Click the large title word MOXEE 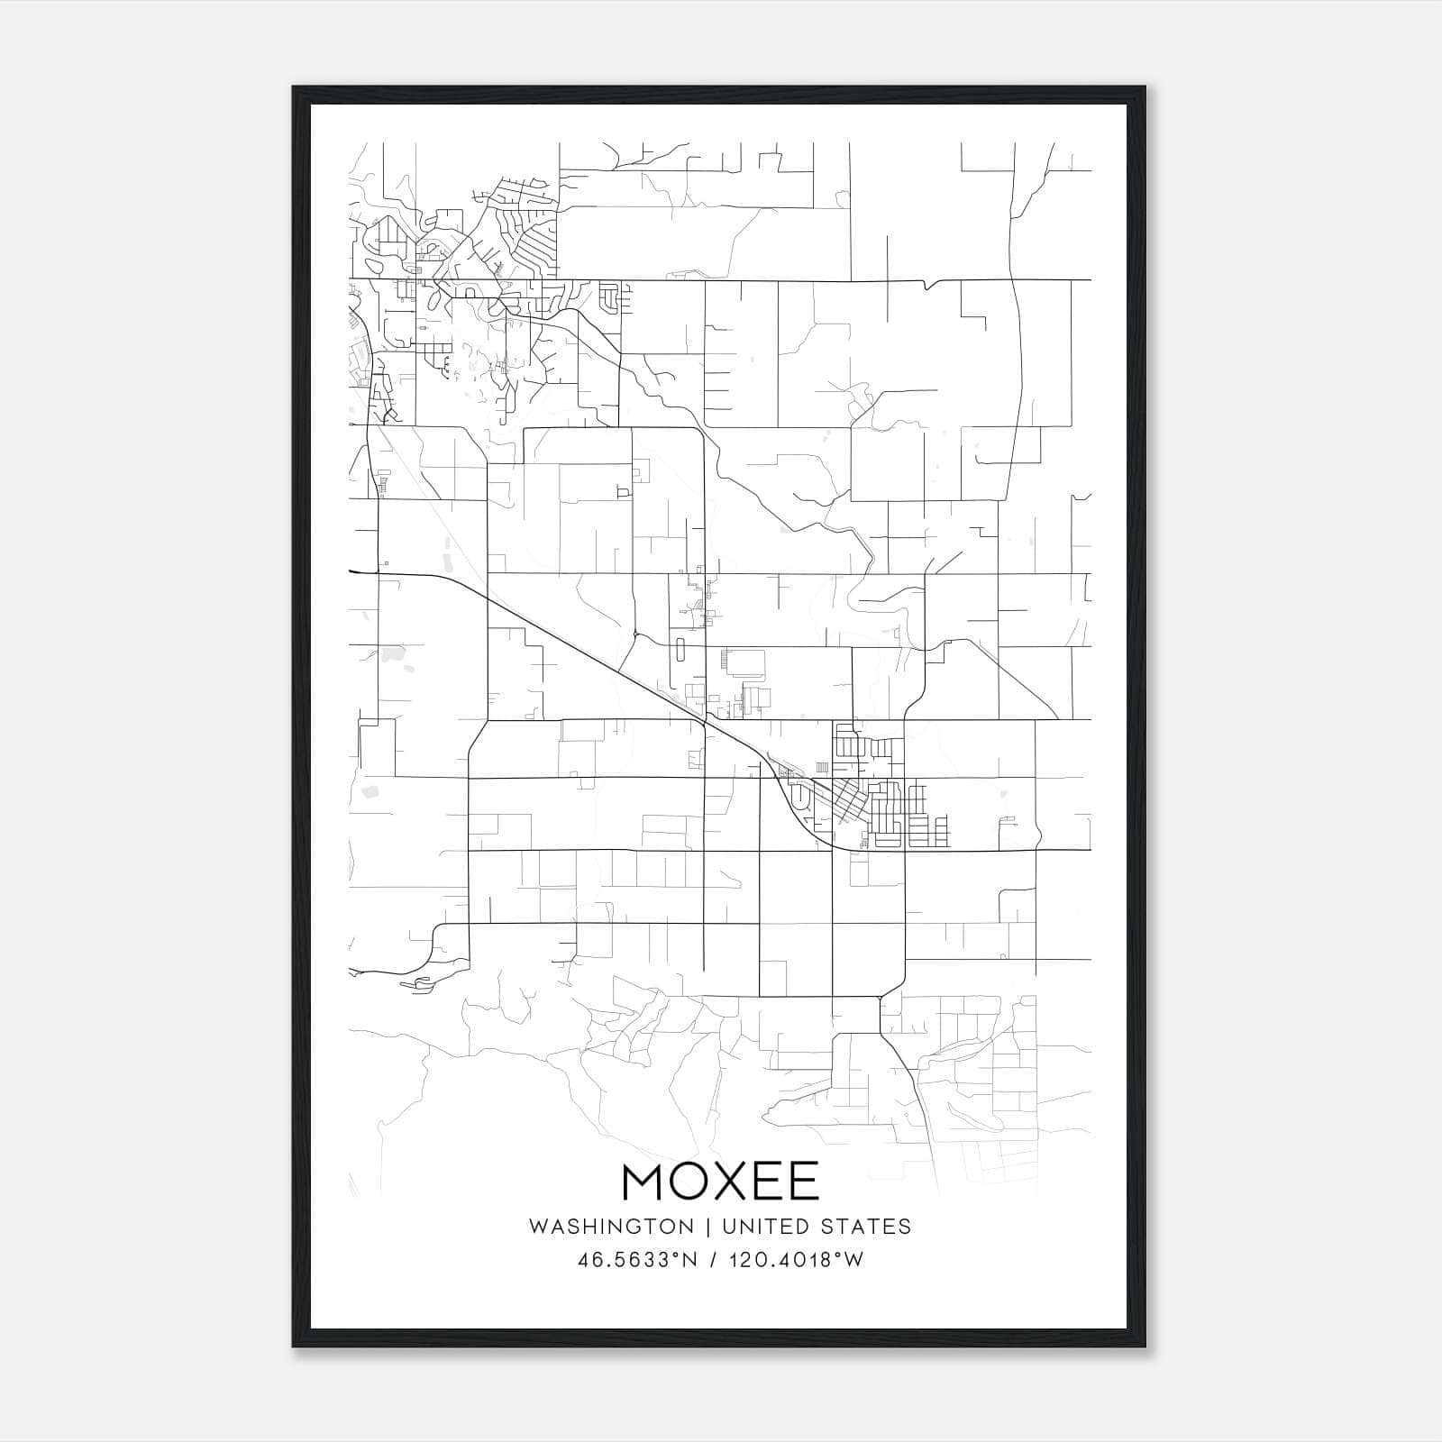pos(720,1182)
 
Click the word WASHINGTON pos(612,1227)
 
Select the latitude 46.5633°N pos(638,1259)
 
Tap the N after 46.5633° pos(690,1259)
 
